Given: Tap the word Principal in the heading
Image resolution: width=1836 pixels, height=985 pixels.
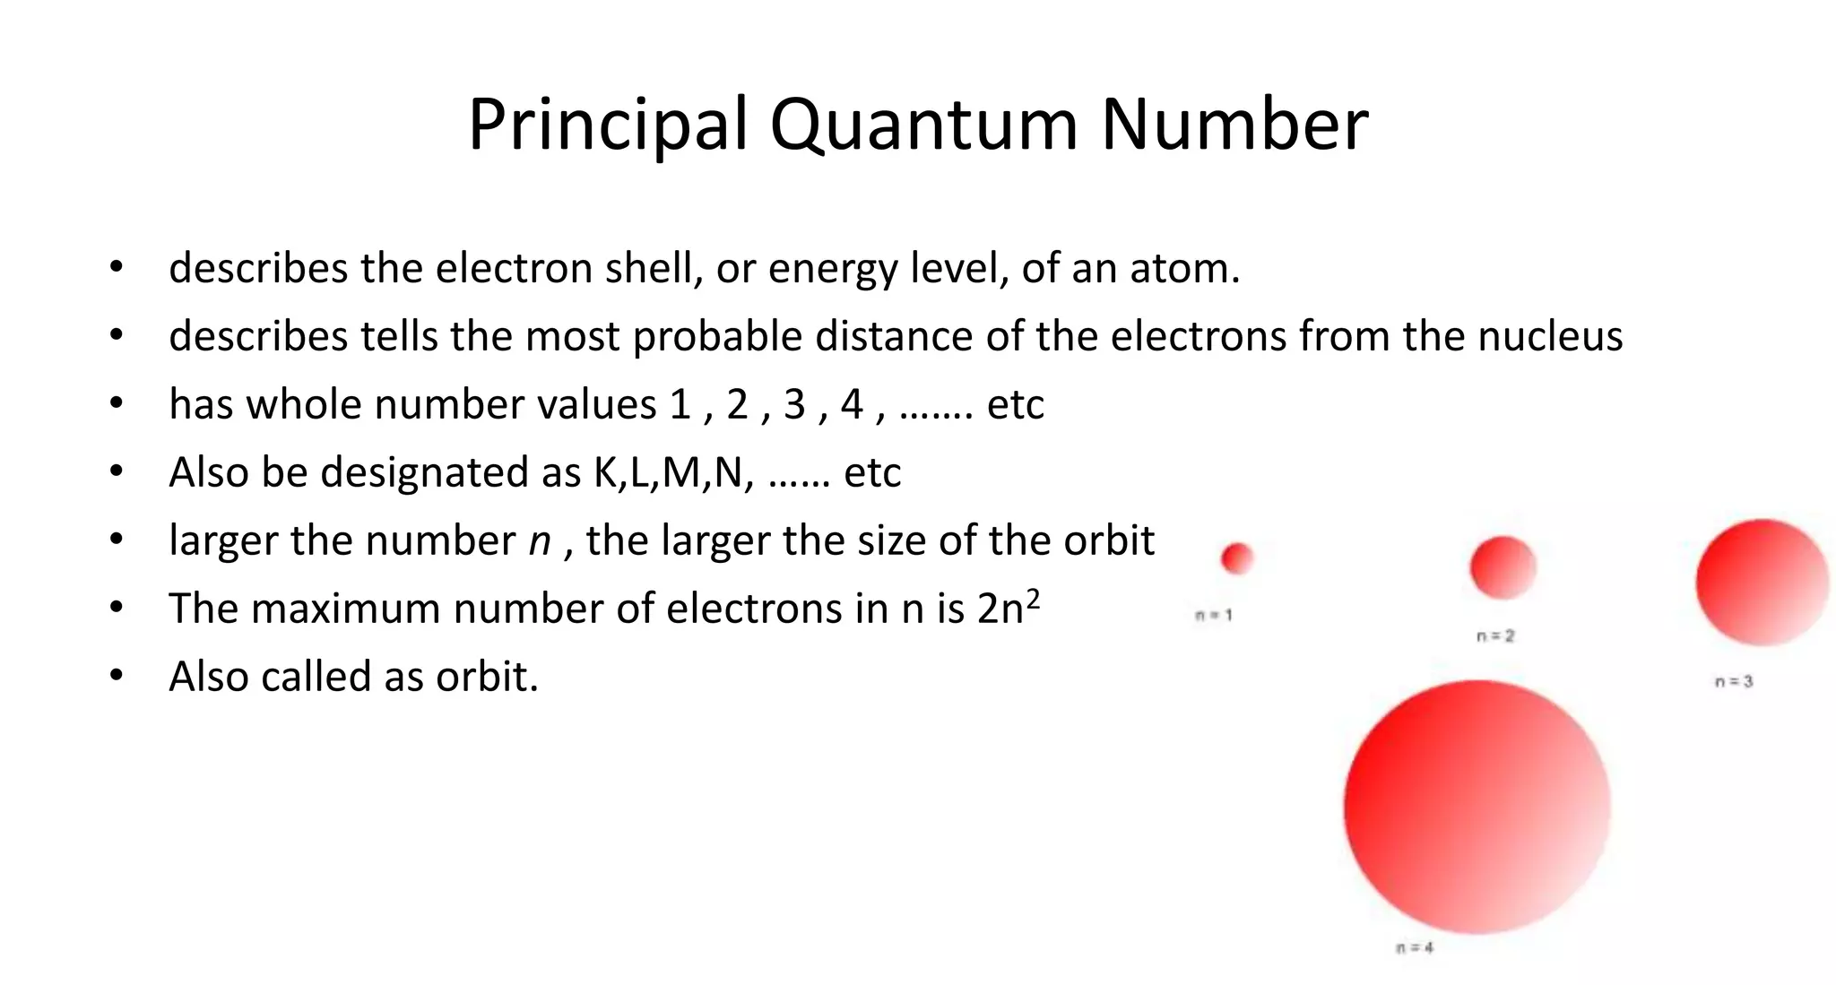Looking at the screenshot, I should pyautogui.click(x=607, y=125).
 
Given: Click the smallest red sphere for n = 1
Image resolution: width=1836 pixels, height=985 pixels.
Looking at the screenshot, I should pyautogui.click(x=1237, y=558).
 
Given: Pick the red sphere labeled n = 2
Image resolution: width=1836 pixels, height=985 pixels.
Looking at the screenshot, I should pyautogui.click(x=1503, y=567).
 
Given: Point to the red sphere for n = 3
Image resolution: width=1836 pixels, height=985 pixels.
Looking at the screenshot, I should pyautogui.click(x=1762, y=583).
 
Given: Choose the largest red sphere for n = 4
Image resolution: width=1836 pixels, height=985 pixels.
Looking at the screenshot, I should pyautogui.click(x=1477, y=807).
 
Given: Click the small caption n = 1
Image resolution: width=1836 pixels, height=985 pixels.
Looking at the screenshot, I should pyautogui.click(x=1215, y=615).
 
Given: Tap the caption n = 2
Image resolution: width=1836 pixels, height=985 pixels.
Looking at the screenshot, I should pyautogui.click(x=1495, y=635).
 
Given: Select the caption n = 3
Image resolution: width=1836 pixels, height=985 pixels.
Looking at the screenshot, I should pyautogui.click(x=1734, y=681).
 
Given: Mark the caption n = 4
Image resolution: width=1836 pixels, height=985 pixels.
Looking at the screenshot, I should pyautogui.click(x=1415, y=947).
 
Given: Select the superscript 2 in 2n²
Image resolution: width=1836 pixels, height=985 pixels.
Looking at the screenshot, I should pyautogui.click(x=1033, y=598).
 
